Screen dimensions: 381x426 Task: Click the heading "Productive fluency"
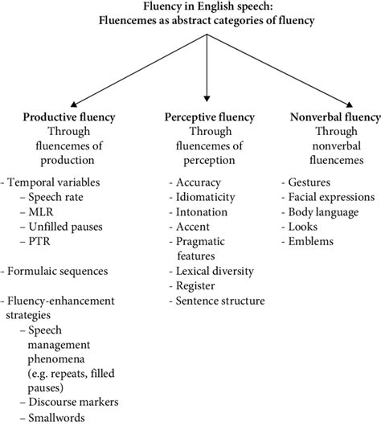point(69,117)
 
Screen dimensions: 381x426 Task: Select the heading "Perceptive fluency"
point(210,117)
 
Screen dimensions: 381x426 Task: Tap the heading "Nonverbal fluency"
point(335,117)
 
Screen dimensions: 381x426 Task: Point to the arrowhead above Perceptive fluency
point(207,99)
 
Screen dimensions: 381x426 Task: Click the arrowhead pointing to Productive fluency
point(74,104)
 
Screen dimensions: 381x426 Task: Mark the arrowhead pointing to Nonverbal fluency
point(349,104)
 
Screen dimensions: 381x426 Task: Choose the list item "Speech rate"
point(55,197)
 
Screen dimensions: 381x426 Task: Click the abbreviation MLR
point(41,212)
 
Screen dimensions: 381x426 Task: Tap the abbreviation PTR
point(39,241)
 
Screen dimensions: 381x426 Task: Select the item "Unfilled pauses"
point(65,227)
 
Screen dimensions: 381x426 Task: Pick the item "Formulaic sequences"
point(58,271)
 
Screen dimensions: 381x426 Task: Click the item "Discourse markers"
point(73,402)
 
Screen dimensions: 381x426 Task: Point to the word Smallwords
point(56,418)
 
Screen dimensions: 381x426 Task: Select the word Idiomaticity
point(206,197)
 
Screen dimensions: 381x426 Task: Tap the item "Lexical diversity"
point(215,271)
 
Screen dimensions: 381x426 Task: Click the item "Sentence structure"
point(220,301)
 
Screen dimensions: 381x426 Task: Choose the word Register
point(195,286)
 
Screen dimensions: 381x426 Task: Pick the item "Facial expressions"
point(331,197)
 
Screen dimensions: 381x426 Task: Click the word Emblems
point(311,241)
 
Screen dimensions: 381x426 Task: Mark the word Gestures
point(309,182)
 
